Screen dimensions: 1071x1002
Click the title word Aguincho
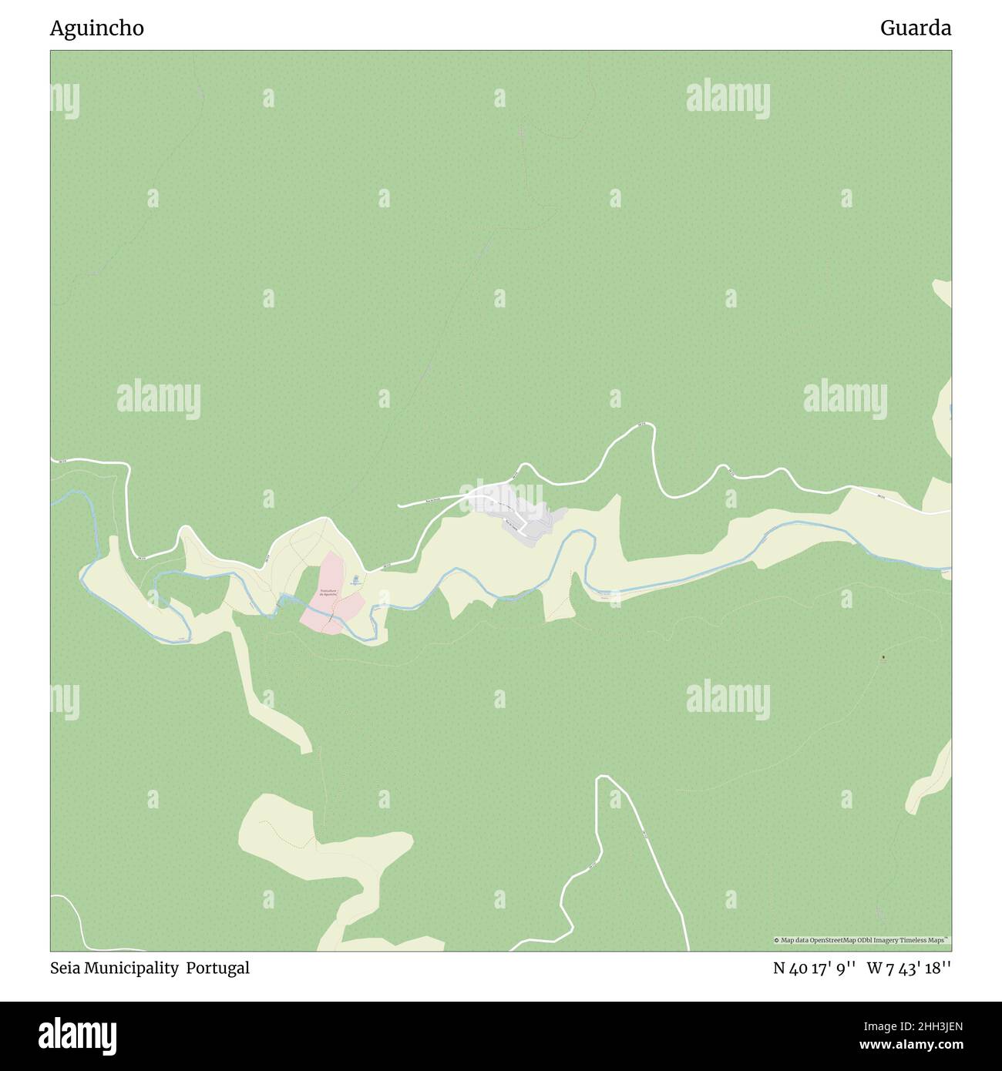[x=97, y=29]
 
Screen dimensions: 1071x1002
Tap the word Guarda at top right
[x=916, y=29]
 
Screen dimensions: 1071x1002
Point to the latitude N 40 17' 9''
[x=814, y=968]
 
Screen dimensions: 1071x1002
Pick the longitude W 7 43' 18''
[x=909, y=968]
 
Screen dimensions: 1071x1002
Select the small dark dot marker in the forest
[x=883, y=657]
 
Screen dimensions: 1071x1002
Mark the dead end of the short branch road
[x=399, y=506]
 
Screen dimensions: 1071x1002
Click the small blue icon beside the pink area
[x=355, y=579]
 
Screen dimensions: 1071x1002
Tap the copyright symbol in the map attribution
[x=777, y=940]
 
